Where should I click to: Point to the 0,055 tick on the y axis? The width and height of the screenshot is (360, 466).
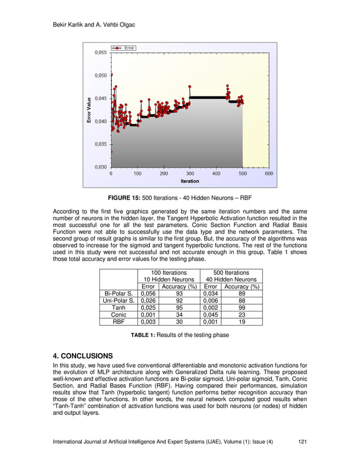coord(99,52)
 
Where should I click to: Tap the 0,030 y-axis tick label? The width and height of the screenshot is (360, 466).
coord(99,167)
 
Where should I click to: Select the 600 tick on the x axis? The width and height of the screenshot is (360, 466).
coord(269,174)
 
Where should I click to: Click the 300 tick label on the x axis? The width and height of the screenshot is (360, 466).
coord(190,174)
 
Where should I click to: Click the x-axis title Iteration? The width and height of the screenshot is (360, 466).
coord(190,181)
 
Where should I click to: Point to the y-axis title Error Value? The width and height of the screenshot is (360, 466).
coord(89,110)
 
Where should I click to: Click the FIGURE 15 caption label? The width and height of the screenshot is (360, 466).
coord(125,199)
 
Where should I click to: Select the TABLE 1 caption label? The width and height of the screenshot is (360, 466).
coord(144,335)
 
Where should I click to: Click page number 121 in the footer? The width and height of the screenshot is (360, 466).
coord(302,442)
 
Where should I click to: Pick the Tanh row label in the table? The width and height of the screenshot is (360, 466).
coord(118,307)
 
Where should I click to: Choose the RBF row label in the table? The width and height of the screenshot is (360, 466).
coord(118,322)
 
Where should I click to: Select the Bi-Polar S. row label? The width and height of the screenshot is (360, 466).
coord(118,293)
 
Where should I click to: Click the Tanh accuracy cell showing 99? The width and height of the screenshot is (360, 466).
coord(242,307)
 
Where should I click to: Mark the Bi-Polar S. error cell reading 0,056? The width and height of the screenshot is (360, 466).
coord(148,293)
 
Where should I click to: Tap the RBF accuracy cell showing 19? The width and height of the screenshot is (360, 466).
coord(242,322)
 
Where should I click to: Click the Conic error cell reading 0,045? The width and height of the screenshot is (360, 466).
coord(210,315)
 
